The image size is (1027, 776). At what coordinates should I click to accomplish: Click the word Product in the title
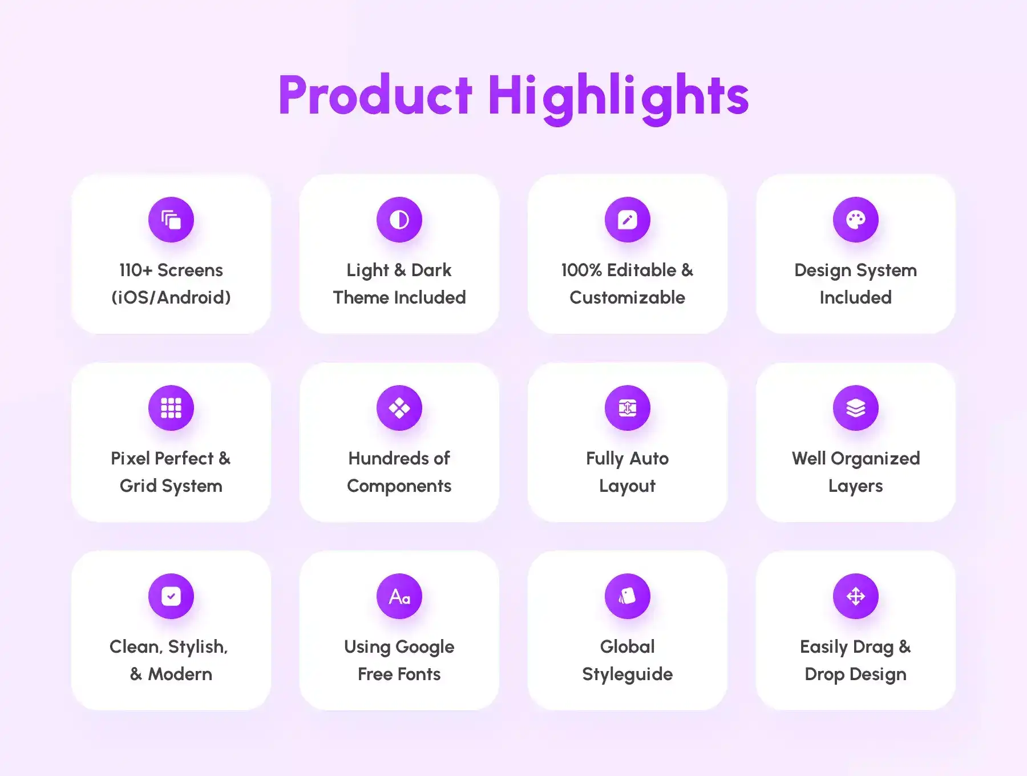click(375, 95)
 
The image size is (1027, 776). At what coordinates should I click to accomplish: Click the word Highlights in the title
click(618, 98)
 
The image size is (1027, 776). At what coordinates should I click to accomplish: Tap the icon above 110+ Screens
click(171, 220)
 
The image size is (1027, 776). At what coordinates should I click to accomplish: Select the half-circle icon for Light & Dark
click(399, 220)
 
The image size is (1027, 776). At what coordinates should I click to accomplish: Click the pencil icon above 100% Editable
click(628, 220)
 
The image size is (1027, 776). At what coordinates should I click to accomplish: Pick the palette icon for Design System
click(856, 220)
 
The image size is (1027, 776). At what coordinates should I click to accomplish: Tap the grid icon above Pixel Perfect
click(171, 408)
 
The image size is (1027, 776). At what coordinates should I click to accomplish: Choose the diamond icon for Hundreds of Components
click(399, 408)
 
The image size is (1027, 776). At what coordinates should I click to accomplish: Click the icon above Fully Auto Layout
click(628, 408)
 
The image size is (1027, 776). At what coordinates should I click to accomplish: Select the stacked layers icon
click(856, 408)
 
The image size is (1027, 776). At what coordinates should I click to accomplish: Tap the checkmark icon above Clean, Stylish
click(171, 596)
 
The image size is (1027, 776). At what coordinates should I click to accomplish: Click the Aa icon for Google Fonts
click(399, 596)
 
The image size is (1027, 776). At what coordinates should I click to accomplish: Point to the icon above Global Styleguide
click(628, 596)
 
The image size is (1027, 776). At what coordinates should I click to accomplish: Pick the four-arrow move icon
click(856, 596)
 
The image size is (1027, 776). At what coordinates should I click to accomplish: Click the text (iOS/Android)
click(171, 297)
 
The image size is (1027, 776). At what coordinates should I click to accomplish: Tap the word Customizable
click(628, 297)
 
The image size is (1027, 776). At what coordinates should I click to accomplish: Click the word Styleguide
click(628, 674)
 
